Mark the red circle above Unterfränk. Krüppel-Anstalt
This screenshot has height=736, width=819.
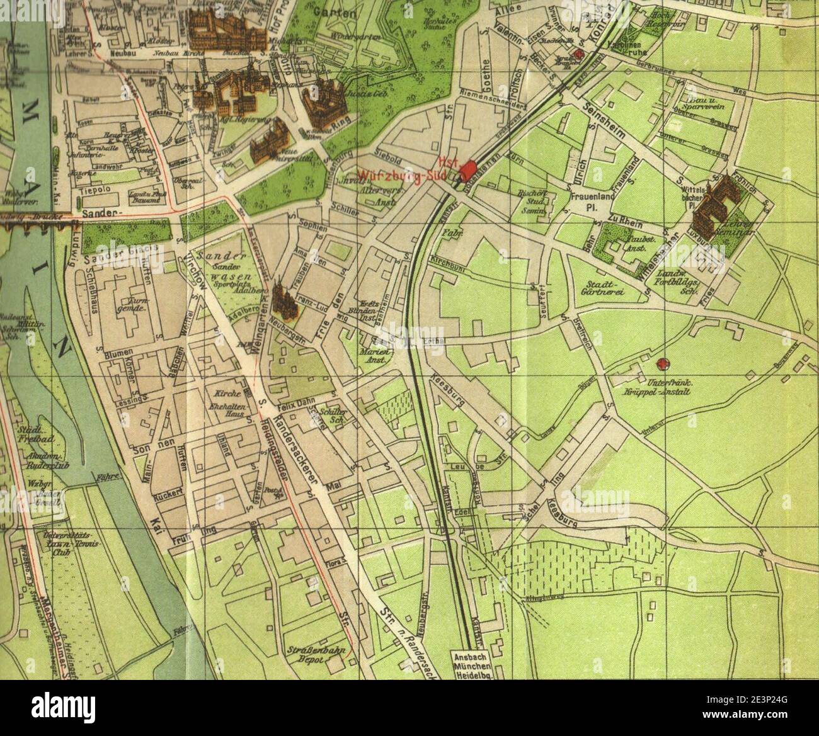pos(662,363)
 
